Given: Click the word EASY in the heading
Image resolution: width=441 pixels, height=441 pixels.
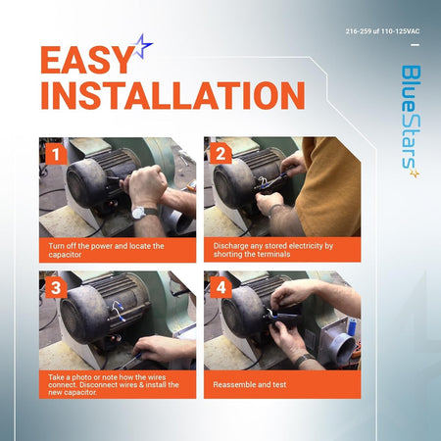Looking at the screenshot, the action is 86,60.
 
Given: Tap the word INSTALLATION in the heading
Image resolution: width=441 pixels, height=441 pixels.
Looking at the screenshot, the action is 172,95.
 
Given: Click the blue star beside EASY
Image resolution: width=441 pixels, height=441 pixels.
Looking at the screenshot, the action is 143,46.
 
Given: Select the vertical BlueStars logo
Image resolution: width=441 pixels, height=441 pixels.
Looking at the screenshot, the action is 411,122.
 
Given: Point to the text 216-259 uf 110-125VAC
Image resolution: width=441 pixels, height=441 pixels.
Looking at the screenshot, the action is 382,31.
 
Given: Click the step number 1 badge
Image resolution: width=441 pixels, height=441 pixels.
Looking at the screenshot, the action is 56,154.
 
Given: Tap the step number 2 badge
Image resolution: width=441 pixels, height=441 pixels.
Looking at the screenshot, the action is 220,154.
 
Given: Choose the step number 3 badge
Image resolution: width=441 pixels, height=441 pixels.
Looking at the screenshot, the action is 56,288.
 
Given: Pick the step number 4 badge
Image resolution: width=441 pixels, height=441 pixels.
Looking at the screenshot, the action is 220,288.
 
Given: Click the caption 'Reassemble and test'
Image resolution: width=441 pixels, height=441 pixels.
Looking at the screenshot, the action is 250,384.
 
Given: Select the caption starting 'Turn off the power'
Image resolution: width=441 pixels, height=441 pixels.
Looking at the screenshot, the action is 106,250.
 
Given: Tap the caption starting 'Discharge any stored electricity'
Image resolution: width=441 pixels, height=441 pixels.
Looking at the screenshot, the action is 273,250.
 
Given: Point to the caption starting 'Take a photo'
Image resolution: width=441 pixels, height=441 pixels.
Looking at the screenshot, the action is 114,384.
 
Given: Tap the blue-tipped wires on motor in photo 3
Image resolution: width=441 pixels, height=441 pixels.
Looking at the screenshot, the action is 119,311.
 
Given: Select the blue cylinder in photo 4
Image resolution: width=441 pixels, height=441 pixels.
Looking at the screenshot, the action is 352,326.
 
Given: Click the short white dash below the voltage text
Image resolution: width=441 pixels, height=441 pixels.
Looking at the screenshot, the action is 415,45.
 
